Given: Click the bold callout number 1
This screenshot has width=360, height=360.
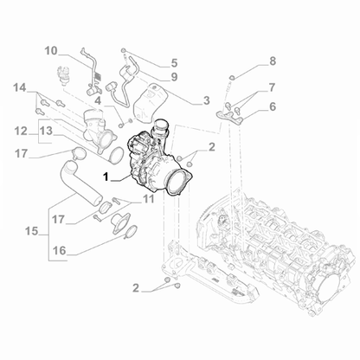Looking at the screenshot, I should point(107,177).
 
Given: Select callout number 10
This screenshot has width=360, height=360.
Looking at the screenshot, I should point(51,50).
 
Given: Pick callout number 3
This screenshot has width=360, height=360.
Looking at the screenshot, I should point(206,100).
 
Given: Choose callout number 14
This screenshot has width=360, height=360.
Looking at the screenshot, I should point(20,87).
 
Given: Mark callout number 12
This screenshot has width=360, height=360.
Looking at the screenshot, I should point(20,131).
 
